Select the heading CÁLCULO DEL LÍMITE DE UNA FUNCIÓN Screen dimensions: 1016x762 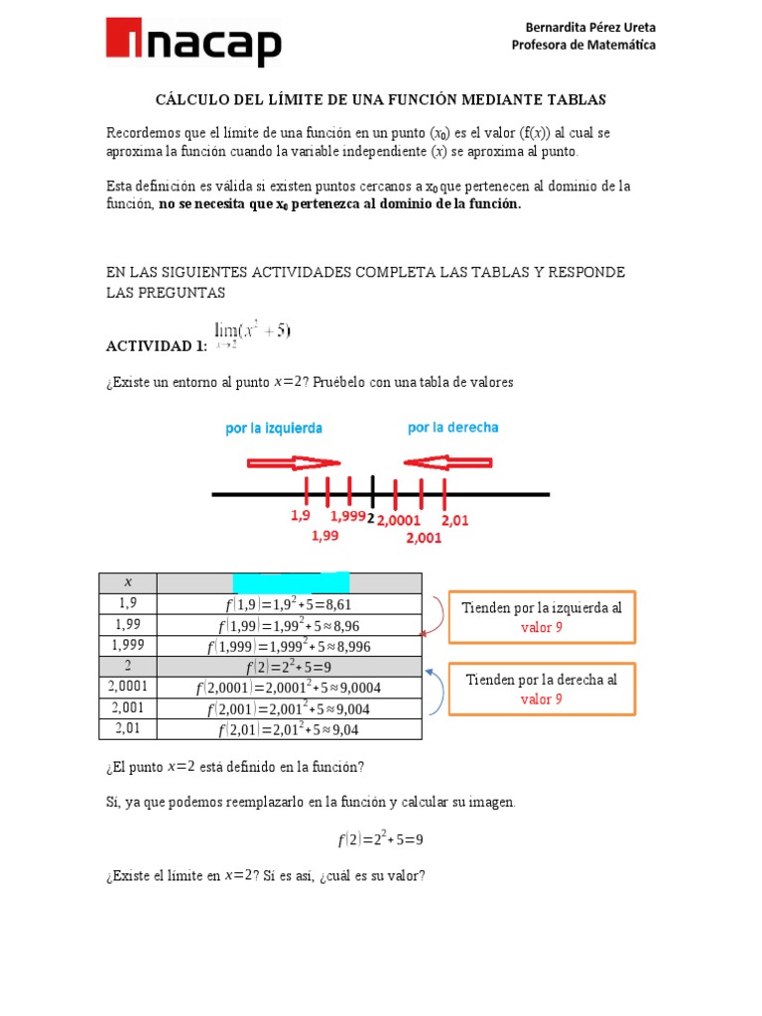click(381, 100)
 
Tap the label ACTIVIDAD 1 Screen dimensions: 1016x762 click(156, 345)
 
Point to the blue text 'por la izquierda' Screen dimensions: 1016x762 click(274, 429)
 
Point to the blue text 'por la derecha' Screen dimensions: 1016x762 click(453, 428)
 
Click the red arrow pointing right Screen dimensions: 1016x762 click(293, 462)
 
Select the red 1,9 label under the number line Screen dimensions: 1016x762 click(300, 517)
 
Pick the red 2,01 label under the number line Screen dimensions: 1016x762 click(454, 519)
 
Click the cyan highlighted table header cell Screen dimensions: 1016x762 click(291, 582)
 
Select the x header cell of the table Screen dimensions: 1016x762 click(127, 582)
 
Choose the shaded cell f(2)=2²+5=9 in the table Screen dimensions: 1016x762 click(289, 666)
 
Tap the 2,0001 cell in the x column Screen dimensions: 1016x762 click(127, 687)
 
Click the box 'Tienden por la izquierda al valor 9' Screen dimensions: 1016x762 click(542, 617)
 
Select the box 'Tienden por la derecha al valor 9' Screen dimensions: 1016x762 click(542, 689)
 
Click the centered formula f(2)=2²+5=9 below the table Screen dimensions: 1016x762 click(380, 839)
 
